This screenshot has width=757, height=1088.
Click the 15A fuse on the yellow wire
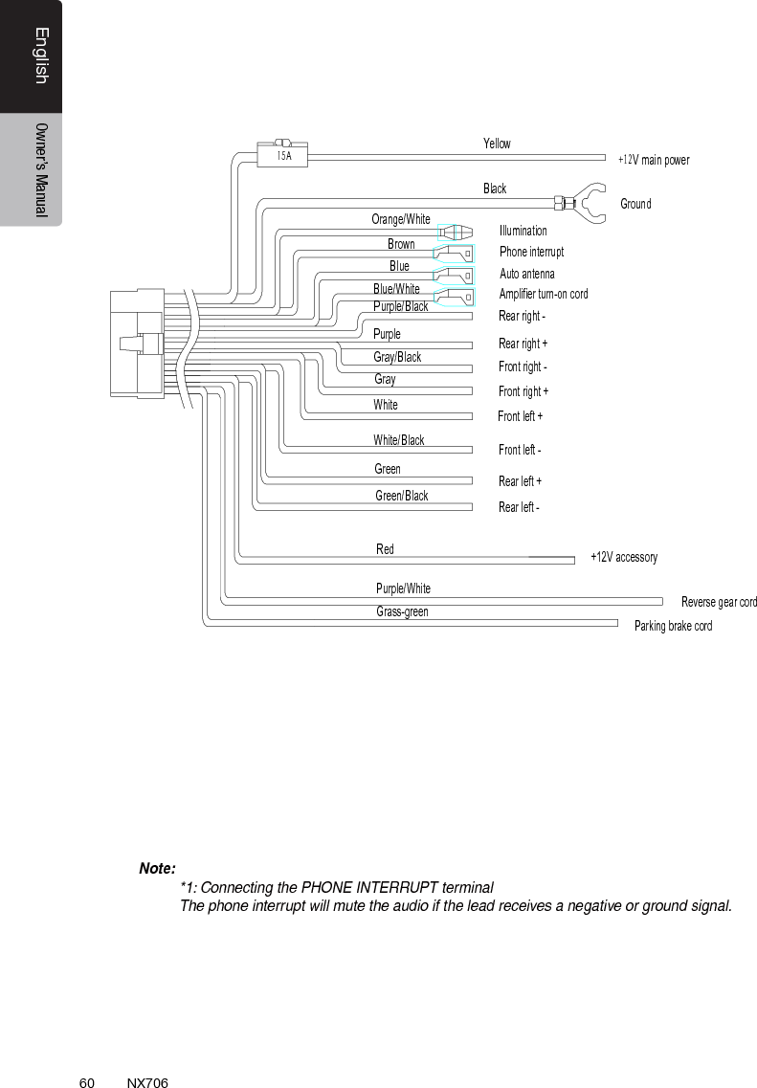(x=283, y=154)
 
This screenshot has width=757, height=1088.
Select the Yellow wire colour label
(x=497, y=144)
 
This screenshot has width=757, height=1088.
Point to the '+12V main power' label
(x=653, y=160)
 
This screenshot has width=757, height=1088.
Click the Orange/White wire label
(x=401, y=219)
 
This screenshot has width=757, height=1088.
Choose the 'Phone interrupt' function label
(x=531, y=252)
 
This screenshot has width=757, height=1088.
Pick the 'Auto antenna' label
(x=526, y=274)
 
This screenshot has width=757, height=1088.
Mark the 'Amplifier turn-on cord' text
(x=543, y=294)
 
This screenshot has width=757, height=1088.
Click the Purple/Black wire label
(x=400, y=306)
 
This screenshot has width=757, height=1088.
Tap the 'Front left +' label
(x=520, y=416)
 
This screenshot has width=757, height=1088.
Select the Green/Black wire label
(x=401, y=496)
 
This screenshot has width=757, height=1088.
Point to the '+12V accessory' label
(x=623, y=557)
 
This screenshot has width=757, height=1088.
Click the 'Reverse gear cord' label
(x=718, y=602)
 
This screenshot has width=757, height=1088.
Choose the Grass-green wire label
(x=402, y=611)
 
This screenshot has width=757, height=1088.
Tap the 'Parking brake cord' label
(x=673, y=626)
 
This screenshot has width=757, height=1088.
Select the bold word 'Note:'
(x=157, y=869)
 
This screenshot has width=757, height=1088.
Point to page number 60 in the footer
(x=86, y=1082)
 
